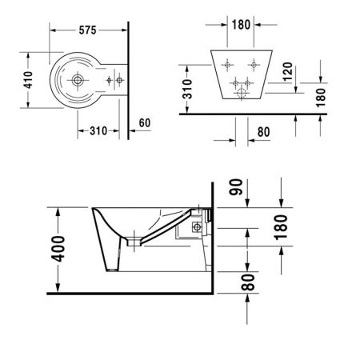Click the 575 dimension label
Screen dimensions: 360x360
(87, 30)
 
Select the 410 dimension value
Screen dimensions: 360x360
(28, 80)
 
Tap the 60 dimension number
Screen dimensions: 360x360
(145, 122)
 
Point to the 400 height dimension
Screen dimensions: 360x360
(58, 249)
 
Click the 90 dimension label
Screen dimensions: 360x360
(236, 187)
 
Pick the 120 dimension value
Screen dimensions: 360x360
(288, 72)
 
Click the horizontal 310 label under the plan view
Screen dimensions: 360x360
(98, 130)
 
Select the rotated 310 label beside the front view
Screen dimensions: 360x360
(187, 89)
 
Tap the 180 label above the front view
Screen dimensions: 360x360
(241, 25)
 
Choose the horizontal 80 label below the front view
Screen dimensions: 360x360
(264, 132)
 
